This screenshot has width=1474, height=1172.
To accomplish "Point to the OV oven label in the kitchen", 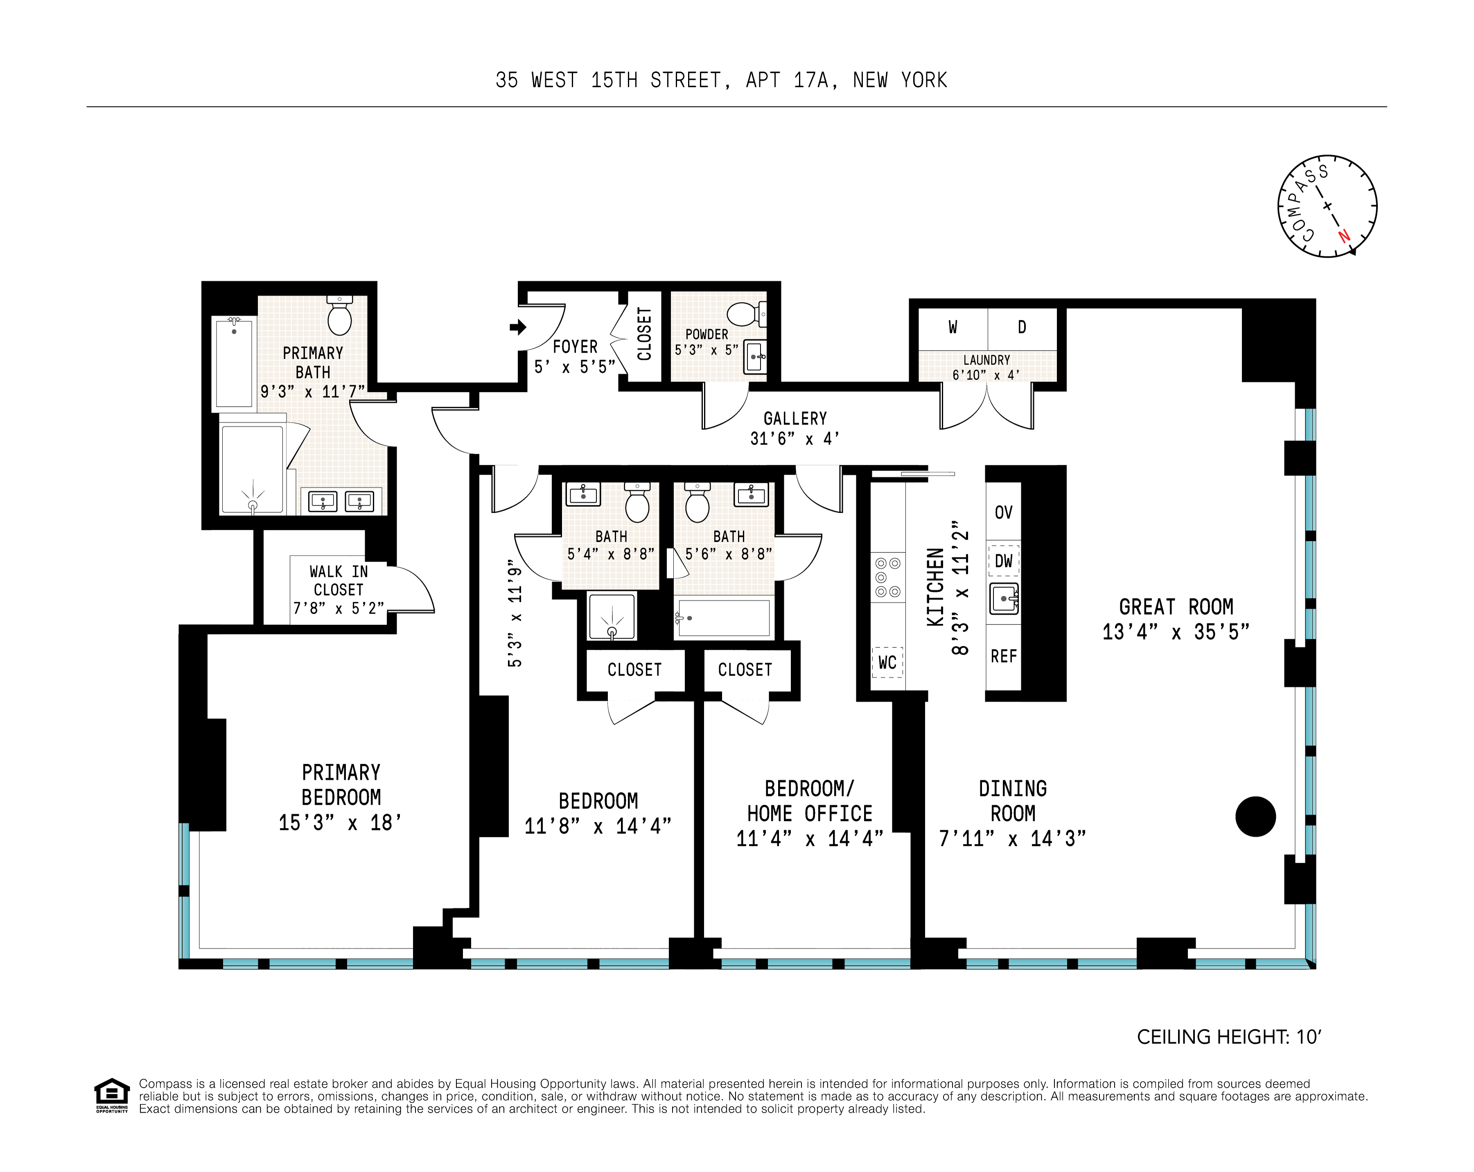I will (x=1003, y=512).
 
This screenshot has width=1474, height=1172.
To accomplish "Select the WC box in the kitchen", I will (x=887, y=662).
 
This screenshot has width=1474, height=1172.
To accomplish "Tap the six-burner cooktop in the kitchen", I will (x=887, y=577).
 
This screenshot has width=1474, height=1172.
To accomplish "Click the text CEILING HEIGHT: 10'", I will (x=1228, y=1037).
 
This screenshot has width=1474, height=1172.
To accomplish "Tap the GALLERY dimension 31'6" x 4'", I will (x=795, y=439).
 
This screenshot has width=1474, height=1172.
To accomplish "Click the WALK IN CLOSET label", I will (x=339, y=580).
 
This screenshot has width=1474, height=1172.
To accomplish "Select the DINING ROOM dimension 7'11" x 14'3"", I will (x=1012, y=838).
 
